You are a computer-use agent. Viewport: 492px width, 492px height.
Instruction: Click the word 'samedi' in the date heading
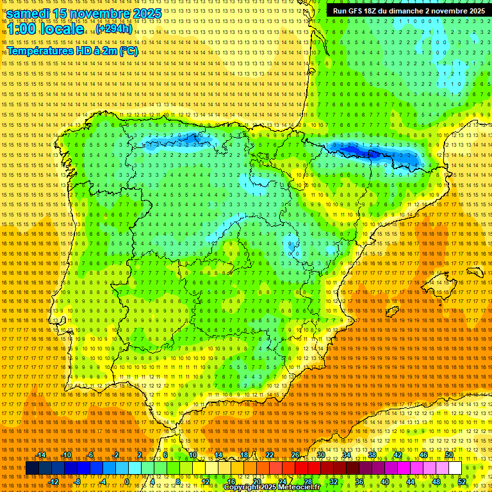tap(29, 13)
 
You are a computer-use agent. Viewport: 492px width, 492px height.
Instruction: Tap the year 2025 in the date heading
tap(143, 13)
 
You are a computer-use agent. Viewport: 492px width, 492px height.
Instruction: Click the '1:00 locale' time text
tap(45, 29)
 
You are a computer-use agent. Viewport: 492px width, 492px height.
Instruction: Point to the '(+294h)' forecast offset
tap(115, 29)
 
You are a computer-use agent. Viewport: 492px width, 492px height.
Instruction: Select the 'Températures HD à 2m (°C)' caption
tap(72, 51)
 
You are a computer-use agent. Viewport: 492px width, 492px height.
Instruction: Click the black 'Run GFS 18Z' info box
tap(408, 11)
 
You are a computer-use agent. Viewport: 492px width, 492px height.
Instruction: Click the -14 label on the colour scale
tap(42, 455)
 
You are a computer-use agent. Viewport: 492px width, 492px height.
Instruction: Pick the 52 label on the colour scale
tap(462, 482)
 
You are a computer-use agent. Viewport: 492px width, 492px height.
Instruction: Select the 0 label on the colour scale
tap(127, 482)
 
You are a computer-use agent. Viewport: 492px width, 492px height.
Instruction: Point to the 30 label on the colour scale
tap(321, 455)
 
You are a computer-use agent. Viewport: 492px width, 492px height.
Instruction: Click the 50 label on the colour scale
tap(449, 455)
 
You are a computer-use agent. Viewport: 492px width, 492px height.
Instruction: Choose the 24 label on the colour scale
tap(282, 482)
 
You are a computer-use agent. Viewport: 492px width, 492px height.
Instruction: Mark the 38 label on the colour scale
tap(372, 455)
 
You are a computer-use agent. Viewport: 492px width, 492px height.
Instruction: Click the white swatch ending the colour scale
tap(455, 468)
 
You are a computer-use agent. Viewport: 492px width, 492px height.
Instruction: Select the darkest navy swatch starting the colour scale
tap(32, 468)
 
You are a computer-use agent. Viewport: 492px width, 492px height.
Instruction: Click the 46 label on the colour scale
tap(423, 455)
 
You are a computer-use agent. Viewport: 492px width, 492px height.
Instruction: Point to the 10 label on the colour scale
tap(193, 455)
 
